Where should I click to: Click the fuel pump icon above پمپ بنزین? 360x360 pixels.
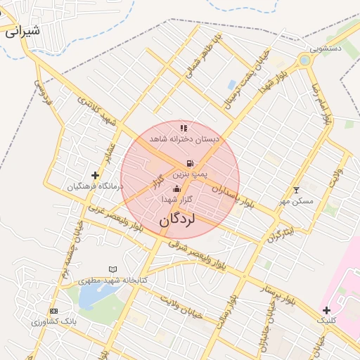click(x=189, y=163)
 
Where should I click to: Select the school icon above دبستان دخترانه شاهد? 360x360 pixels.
click(x=184, y=128)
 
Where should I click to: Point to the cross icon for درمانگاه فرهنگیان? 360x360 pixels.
click(x=95, y=175)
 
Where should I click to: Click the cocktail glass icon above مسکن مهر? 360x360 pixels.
click(x=296, y=191)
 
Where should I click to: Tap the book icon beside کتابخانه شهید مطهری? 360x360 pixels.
click(x=112, y=269)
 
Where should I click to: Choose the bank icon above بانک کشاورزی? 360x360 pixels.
click(x=53, y=311)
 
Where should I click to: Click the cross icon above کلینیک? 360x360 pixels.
click(x=326, y=310)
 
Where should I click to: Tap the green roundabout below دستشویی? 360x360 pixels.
click(x=304, y=60)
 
